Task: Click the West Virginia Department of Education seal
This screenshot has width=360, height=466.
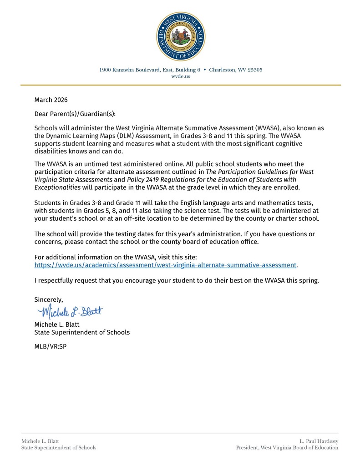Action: coord(181,36)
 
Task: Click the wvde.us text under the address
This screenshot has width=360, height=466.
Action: coord(181,76)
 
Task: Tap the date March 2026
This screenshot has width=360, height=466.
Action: coord(51,100)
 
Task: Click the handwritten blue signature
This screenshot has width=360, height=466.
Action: coord(71,312)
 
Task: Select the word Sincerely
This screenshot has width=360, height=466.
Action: coord(49,299)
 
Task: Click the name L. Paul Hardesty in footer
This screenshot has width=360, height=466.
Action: coord(319,441)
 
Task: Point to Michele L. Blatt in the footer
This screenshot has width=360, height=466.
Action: coord(40,441)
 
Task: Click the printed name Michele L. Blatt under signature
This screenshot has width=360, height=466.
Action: coord(57,324)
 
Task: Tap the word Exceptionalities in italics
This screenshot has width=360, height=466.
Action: coord(57,187)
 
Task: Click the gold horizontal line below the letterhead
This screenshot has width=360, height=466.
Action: coord(181,85)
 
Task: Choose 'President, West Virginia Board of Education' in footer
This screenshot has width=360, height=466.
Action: coord(287,448)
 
